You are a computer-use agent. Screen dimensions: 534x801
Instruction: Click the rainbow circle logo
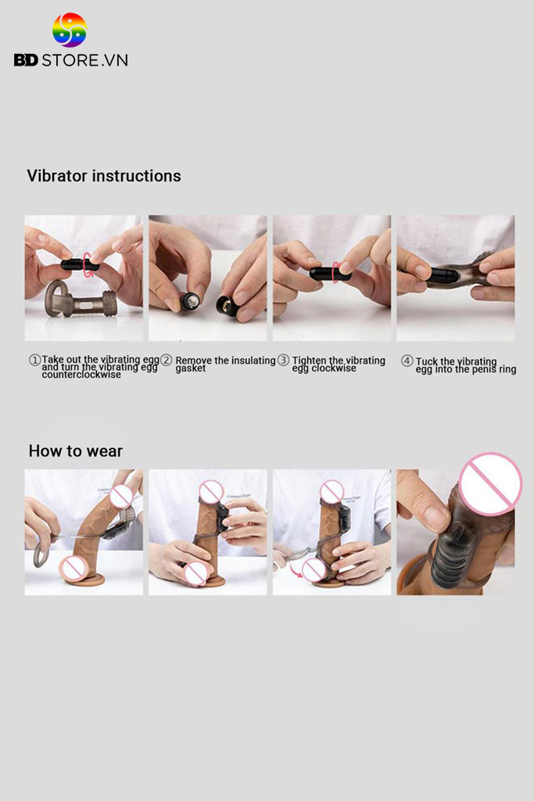point(70,30)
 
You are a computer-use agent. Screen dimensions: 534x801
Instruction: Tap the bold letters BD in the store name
point(26,60)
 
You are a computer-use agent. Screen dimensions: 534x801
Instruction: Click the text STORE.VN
point(84,60)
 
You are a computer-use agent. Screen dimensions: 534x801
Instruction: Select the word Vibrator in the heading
point(56,176)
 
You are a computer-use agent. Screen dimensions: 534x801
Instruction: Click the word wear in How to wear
point(105,451)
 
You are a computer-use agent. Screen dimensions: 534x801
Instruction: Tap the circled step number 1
point(34,360)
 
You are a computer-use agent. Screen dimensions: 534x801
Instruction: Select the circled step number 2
point(167,360)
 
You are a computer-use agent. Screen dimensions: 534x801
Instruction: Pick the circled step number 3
point(283,360)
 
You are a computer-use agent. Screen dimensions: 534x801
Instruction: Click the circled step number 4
point(407,361)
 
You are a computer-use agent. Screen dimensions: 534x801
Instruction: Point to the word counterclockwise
point(81,375)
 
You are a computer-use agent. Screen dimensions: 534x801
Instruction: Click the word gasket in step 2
point(191,368)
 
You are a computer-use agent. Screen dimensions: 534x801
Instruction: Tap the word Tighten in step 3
point(309,361)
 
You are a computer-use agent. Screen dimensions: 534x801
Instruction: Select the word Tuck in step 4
point(426,361)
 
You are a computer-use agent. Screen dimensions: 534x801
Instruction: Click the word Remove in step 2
point(194,361)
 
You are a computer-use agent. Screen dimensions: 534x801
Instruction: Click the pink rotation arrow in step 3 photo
point(335,271)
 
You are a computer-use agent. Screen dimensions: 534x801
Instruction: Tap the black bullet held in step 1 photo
point(79,265)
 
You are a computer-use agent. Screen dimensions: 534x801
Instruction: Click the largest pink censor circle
point(490,483)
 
